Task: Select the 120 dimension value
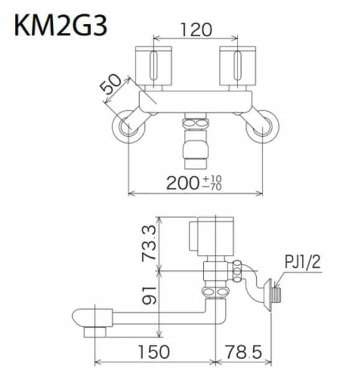(195, 29)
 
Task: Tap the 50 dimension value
(113, 84)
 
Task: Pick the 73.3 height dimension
(148, 243)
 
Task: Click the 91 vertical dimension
(148, 295)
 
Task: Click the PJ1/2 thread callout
(303, 262)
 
